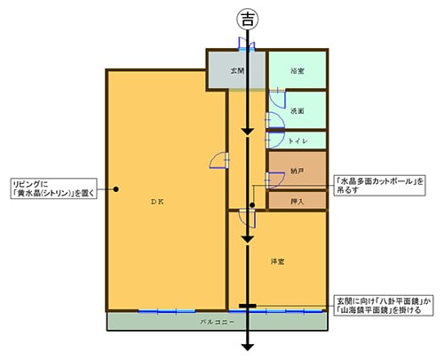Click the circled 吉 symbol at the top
point(248,17)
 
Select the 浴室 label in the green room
point(297,70)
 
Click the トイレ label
point(297,140)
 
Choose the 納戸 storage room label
point(297,170)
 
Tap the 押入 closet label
point(297,202)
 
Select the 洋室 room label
point(277,260)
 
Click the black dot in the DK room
point(116,188)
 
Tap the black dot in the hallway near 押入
point(252,206)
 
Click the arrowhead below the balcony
point(249,347)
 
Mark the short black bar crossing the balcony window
point(249,308)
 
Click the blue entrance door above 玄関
point(248,46)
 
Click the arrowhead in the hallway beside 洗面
point(249,132)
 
